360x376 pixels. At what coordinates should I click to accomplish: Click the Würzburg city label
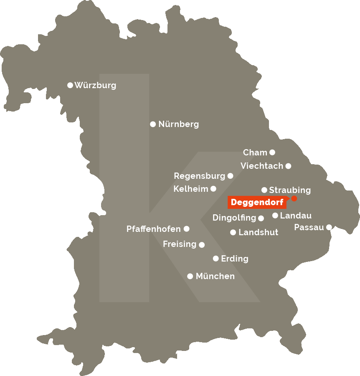pyautogui.click(x=95, y=85)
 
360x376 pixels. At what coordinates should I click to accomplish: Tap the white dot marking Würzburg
pyautogui.click(x=70, y=85)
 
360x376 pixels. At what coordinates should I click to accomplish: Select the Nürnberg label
pyautogui.click(x=178, y=124)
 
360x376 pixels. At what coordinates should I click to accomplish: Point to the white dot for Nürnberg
pyautogui.click(x=153, y=124)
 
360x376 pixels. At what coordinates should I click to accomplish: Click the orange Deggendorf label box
pyautogui.click(x=257, y=203)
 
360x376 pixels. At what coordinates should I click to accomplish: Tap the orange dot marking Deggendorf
pyautogui.click(x=294, y=198)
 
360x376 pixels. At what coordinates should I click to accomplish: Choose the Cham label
pyautogui.click(x=255, y=152)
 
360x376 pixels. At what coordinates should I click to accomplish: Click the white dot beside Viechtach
pyautogui.click(x=288, y=166)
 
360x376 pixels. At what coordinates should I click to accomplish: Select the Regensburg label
pyautogui.click(x=199, y=176)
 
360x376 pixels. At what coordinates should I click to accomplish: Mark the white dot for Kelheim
pyautogui.click(x=213, y=189)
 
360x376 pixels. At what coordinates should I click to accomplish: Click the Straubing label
pyautogui.click(x=290, y=190)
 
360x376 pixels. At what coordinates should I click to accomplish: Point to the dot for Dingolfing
pyautogui.click(x=261, y=218)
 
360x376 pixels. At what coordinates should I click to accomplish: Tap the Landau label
pyautogui.click(x=296, y=216)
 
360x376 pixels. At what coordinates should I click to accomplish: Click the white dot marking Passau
pyautogui.click(x=329, y=227)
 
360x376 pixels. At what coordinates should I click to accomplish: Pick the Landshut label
pyautogui.click(x=258, y=232)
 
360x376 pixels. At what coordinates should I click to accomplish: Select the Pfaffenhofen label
pyautogui.click(x=154, y=229)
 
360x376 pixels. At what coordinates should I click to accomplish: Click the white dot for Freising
pyautogui.click(x=202, y=245)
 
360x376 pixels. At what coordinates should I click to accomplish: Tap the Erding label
pyautogui.click(x=234, y=259)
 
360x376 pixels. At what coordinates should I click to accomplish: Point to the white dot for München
pyautogui.click(x=190, y=276)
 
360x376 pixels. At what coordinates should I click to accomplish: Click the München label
pyautogui.click(x=215, y=276)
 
